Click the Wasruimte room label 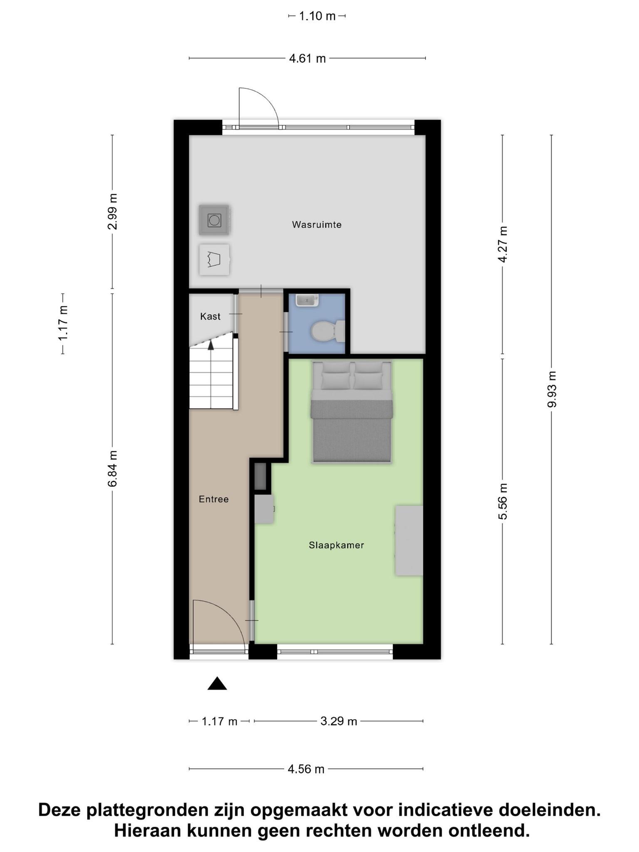tap(317, 225)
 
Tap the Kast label tap(210, 316)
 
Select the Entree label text tap(213, 499)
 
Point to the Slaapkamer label tap(336, 545)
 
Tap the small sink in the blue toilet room tap(307, 300)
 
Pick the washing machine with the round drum tap(214, 220)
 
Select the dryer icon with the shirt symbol tap(214, 260)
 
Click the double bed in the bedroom tap(351, 412)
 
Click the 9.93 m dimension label tap(552, 389)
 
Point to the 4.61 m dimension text tap(307, 59)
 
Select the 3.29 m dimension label tap(339, 721)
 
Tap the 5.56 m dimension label tap(503, 501)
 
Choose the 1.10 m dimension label tap(317, 16)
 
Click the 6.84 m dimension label tap(112, 468)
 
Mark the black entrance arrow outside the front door tap(217, 684)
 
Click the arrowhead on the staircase tap(211, 344)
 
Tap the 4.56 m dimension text tap(306, 769)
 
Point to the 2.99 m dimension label tap(112, 211)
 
